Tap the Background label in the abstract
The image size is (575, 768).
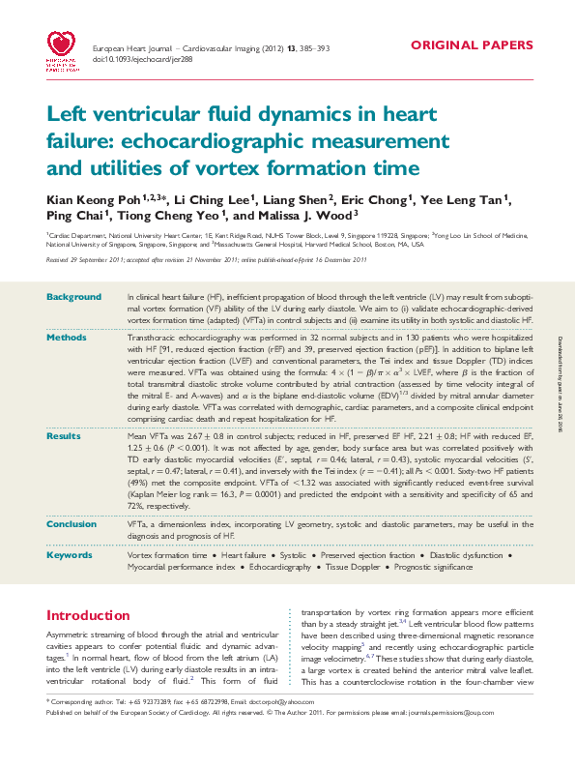(73, 297)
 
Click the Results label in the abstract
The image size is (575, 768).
(64, 437)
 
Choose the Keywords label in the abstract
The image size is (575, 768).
(70, 555)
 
